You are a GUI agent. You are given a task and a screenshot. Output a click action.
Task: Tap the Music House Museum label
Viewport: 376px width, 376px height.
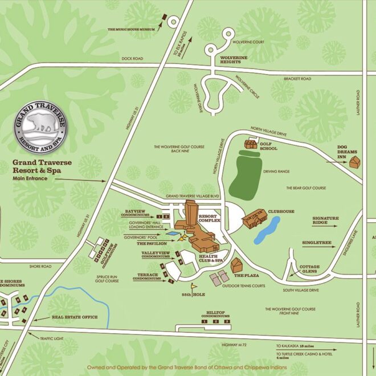pos(132,27)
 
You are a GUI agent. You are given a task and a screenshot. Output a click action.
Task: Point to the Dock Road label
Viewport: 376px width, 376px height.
pos(133,59)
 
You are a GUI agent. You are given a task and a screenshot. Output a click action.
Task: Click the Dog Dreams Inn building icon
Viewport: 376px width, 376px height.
pos(355,162)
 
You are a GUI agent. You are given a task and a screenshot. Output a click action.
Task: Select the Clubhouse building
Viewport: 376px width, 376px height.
pos(254,217)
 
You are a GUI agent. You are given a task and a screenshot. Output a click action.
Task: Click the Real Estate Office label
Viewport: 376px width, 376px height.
pos(74,317)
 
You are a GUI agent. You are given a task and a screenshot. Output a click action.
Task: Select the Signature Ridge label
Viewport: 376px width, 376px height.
pos(325,220)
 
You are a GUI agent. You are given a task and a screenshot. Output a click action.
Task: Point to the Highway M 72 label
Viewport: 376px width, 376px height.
pos(234,346)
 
